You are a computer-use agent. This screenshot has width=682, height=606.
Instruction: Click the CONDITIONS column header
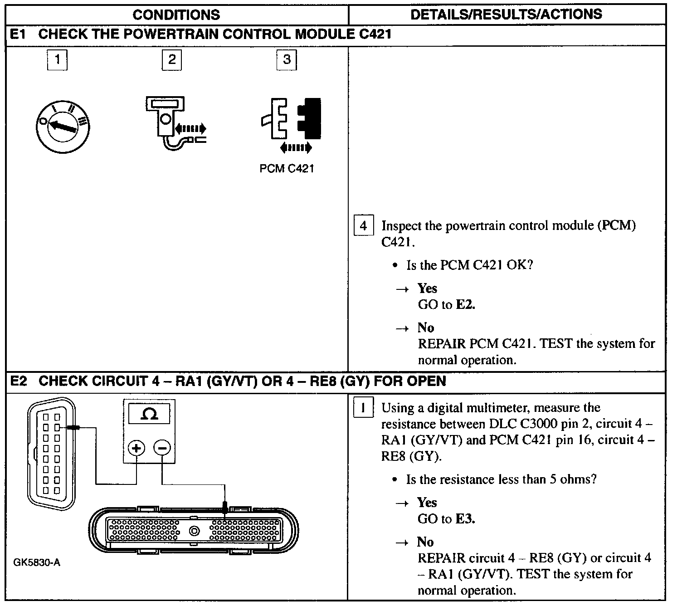(x=176, y=15)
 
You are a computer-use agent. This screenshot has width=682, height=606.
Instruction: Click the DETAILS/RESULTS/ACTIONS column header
(x=506, y=14)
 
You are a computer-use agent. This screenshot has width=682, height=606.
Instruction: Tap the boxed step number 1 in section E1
(x=57, y=59)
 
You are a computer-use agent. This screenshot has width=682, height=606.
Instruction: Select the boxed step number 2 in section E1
(x=172, y=59)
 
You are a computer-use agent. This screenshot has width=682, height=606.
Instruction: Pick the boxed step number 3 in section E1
(x=287, y=59)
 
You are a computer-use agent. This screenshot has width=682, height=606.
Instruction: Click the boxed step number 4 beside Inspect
(x=363, y=225)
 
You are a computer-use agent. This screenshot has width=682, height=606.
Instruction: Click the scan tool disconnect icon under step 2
(x=175, y=122)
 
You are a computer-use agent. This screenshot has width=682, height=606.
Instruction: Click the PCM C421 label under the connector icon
(x=287, y=169)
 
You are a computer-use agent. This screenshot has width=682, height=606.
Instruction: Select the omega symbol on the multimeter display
(x=150, y=414)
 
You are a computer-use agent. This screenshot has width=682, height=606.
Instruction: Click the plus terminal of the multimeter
(x=136, y=448)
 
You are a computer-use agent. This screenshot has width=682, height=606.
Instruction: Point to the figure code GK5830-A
(x=37, y=563)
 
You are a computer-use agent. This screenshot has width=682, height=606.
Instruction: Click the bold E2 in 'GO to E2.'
(x=465, y=305)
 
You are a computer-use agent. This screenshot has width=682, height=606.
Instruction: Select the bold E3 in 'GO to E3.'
(x=465, y=519)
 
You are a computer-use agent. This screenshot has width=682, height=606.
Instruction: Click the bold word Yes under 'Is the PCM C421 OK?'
(x=427, y=288)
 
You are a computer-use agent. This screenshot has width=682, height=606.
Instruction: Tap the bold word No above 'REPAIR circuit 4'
(x=425, y=542)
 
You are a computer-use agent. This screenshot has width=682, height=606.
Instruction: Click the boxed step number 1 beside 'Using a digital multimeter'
(x=363, y=407)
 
